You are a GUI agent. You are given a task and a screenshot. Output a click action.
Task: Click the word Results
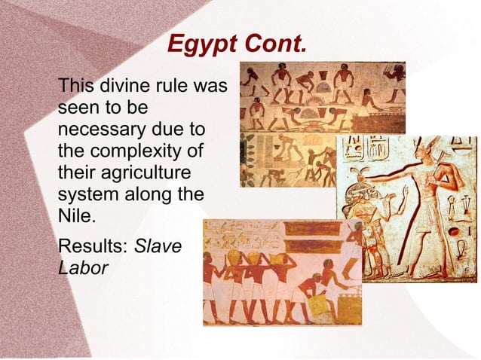click(91, 246)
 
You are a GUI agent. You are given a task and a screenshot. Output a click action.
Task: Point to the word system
click(86, 194)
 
